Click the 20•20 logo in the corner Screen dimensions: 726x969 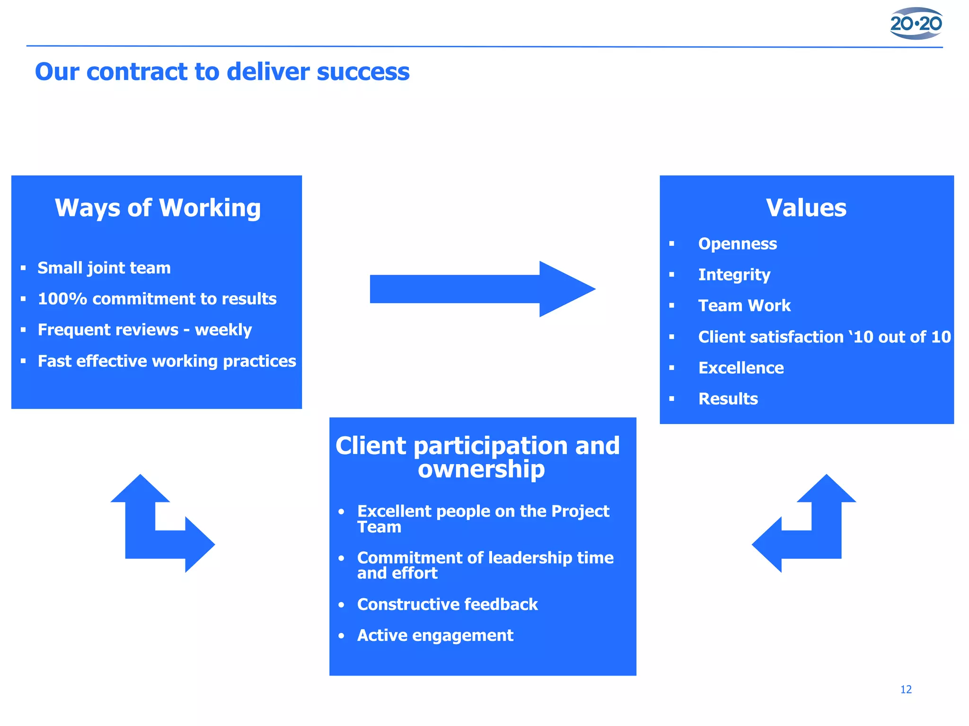[916, 23]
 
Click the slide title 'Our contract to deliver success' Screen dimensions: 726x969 [222, 72]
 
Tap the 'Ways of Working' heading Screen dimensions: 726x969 [158, 208]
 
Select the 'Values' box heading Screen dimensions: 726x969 [806, 208]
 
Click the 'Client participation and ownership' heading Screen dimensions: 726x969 [478, 457]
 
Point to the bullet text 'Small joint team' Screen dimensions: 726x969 [104, 268]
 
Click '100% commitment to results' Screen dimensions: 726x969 [157, 299]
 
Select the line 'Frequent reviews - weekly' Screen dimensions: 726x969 [145, 330]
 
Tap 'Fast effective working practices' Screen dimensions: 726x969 [167, 361]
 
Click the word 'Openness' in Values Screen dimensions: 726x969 [737, 244]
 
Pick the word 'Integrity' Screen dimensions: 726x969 [734, 275]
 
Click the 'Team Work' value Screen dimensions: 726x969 [744, 306]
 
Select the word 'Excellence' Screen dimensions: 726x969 [741, 368]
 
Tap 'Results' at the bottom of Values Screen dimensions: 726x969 [728, 399]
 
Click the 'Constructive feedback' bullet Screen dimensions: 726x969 [447, 605]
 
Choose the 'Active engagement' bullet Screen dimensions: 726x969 [435, 636]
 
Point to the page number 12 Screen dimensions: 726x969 [906, 690]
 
